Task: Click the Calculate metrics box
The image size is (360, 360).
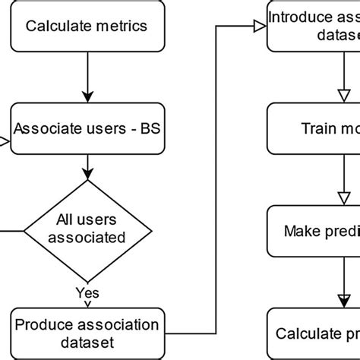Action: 87,27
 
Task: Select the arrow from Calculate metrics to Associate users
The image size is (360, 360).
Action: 87,76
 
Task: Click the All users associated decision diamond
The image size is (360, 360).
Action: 87,229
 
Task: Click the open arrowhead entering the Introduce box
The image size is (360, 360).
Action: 259,27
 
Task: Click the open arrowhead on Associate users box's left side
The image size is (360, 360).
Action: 4,141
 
